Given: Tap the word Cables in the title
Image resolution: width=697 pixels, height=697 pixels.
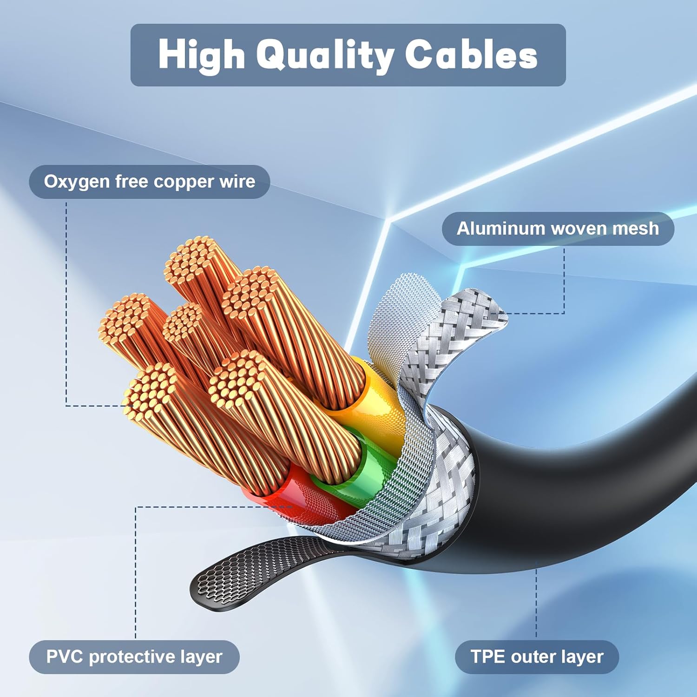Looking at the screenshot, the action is coord(471,55).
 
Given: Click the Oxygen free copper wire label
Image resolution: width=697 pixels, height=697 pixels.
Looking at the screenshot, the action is coord(149,182).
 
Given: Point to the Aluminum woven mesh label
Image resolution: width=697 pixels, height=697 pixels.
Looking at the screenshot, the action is coord(558,229).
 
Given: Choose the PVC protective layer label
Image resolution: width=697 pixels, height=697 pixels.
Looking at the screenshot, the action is coord(134,657).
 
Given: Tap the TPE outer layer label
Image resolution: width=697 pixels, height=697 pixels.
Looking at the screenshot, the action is coord(537,657).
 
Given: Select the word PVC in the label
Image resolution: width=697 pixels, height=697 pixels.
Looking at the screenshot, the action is coord(65,657).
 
